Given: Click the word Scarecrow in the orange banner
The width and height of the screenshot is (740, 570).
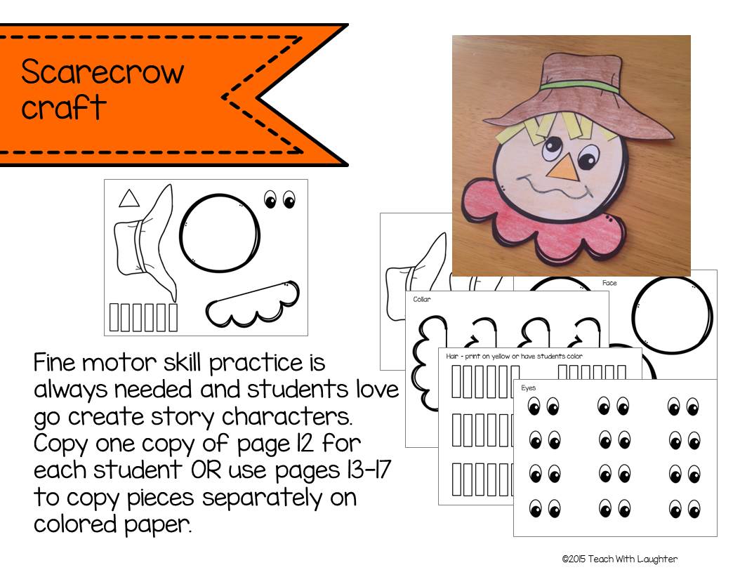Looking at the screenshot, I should click(103, 72).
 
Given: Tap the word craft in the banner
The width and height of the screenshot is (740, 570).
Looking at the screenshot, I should click(63, 107).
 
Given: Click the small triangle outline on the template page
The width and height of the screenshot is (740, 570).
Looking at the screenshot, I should click(128, 199).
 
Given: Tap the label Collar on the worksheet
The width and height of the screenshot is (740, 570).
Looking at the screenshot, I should click(422, 299).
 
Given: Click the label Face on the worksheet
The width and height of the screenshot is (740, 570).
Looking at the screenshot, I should click(609, 283).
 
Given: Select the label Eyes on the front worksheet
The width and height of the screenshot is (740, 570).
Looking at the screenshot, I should click(529, 387).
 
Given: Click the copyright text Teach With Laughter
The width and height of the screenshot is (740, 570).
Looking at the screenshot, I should click(620, 559).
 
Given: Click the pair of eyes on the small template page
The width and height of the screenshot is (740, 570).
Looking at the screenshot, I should click(279, 201).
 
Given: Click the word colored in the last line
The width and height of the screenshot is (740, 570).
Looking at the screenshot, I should click(75, 524).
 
